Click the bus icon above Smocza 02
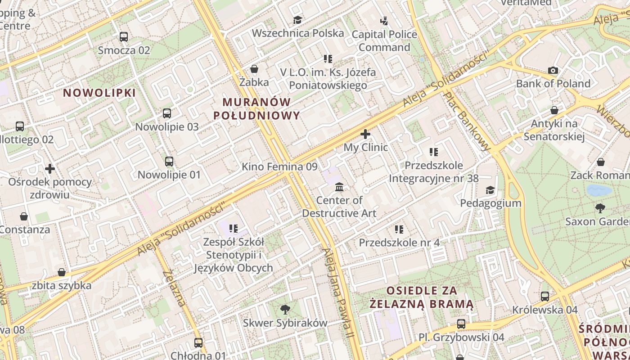124,37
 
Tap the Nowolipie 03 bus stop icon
167,113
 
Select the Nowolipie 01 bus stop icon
169,161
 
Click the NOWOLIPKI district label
99,93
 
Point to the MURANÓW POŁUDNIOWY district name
256,108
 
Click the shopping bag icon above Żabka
254,69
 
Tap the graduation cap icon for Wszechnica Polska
297,20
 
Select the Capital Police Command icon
384,21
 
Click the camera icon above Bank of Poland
553,70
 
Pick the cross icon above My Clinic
365,134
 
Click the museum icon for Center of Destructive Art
339,187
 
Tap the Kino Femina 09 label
279,166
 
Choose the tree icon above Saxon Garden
600,208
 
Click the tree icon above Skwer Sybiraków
285,309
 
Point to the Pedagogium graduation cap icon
490,190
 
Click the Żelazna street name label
175,288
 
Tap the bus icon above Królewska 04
545,297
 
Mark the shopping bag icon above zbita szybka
62,272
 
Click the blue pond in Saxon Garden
599,190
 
